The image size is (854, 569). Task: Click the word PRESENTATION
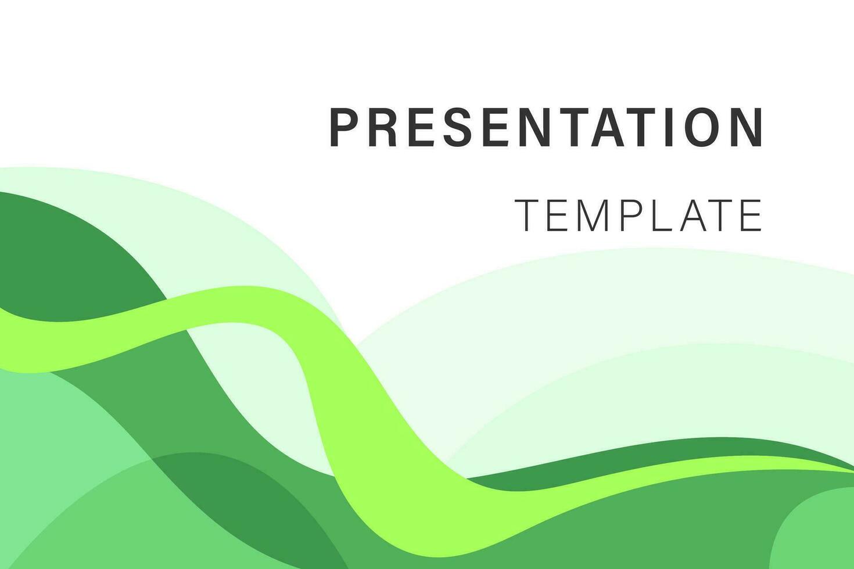coord(546,127)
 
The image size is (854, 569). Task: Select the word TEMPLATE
coord(638,215)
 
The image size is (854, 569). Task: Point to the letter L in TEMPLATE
coord(663,215)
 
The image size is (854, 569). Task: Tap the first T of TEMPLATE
coord(528,215)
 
